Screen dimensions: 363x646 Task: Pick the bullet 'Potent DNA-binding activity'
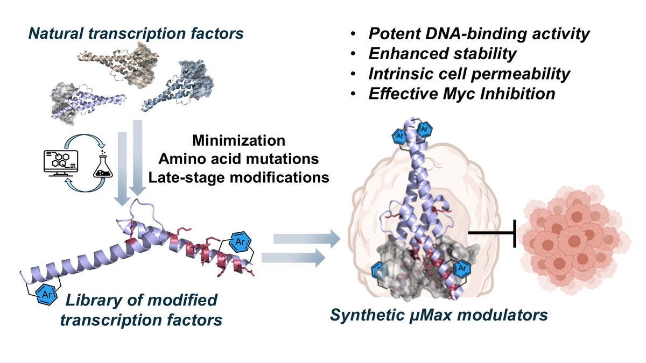tap(479, 34)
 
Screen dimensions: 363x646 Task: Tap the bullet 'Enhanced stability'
tap(442, 54)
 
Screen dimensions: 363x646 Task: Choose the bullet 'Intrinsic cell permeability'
tap(469, 74)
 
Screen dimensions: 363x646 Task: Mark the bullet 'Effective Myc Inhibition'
tap(461, 94)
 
